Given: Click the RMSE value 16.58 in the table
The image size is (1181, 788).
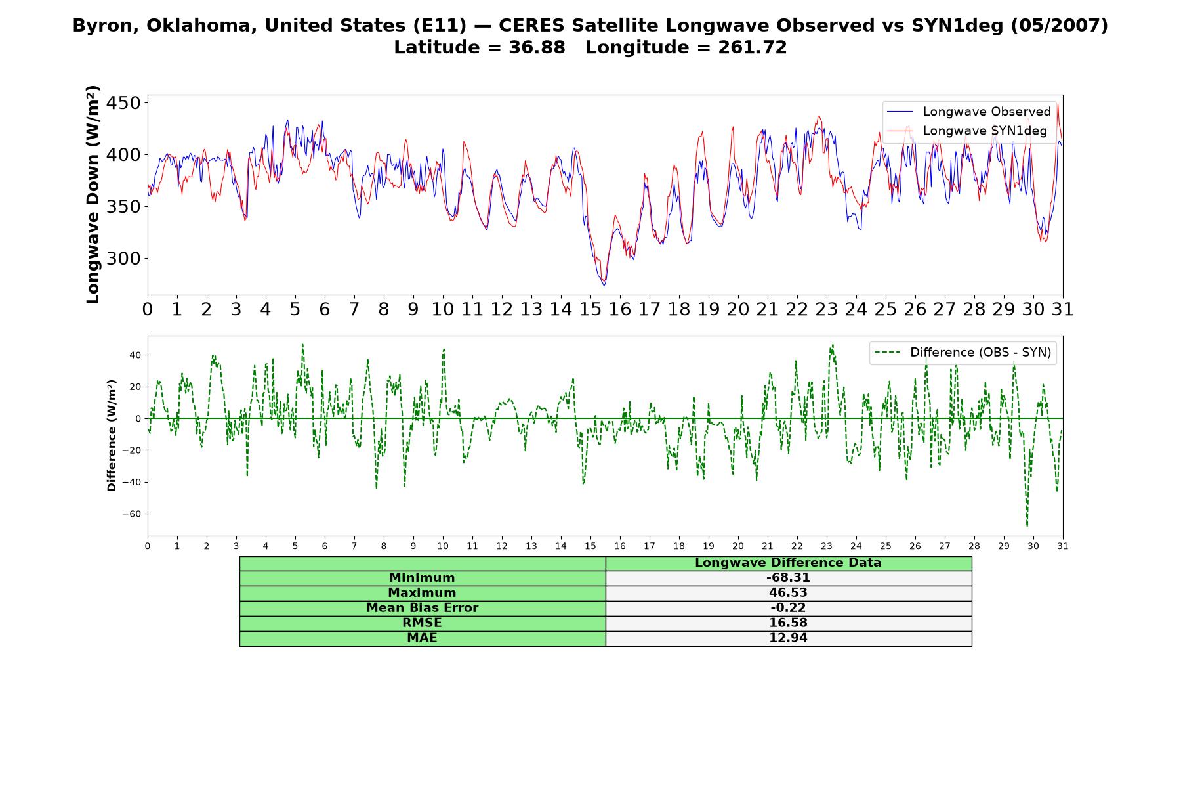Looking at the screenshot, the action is click(788, 623).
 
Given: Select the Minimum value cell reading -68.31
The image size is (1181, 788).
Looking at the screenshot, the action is click(788, 578).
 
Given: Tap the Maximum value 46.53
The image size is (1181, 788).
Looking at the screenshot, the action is click(788, 593).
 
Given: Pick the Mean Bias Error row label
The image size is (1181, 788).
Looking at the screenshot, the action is click(422, 608).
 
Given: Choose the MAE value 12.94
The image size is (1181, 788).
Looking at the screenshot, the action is click(788, 638).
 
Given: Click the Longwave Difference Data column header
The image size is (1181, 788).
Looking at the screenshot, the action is click(788, 563).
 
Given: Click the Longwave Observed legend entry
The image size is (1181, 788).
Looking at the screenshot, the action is click(968, 112).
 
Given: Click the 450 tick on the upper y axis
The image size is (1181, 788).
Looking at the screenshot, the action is click(123, 103).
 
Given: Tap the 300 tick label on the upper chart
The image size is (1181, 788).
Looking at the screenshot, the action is click(123, 259).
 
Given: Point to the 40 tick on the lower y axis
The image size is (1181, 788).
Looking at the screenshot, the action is click(135, 355).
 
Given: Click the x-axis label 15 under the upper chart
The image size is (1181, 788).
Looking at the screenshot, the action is click(590, 309).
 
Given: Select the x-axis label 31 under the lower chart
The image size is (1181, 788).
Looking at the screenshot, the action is click(1063, 546).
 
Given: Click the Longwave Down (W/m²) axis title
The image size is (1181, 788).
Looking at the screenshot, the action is click(93, 194).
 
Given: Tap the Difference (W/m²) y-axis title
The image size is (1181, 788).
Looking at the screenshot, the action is click(112, 435).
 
